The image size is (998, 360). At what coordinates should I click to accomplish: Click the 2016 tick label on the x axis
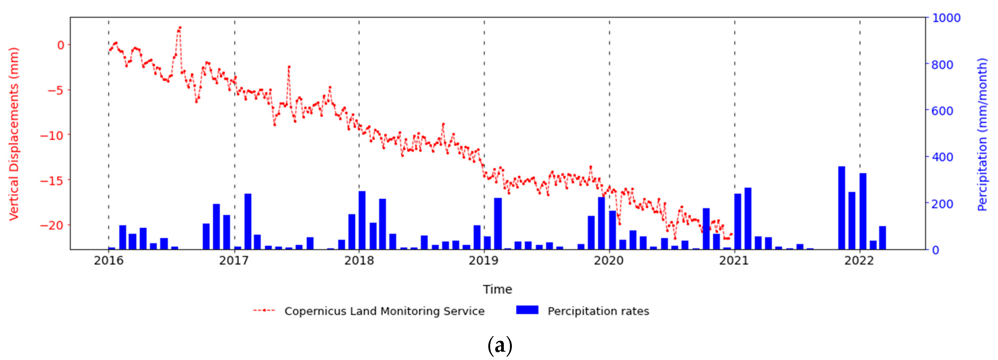(109, 261)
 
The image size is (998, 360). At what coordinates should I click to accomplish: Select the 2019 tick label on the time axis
(483, 261)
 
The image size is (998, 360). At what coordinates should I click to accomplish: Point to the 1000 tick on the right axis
(946, 18)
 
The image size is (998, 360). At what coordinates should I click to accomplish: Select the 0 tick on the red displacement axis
(61, 45)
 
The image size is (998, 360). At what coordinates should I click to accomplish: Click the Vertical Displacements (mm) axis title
(14, 134)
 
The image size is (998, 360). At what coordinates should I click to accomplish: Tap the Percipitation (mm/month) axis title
(982, 134)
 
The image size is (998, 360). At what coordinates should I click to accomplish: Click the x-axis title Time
(497, 289)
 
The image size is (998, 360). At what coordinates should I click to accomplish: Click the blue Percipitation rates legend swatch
(527, 310)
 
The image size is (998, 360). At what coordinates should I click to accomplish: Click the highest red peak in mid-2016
(180, 28)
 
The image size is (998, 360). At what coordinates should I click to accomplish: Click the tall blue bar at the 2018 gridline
(362, 220)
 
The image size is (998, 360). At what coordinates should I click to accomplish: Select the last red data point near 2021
(731, 234)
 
